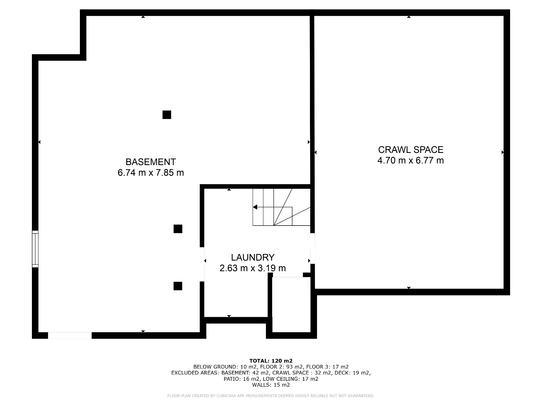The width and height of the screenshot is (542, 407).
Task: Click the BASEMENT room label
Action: (150, 162)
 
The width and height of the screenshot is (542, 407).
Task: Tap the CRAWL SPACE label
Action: (410, 150)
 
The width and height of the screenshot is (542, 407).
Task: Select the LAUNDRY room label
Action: (253, 257)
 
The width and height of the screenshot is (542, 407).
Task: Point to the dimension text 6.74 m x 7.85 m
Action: (150, 173)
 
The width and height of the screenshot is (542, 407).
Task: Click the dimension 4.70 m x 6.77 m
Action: (410, 161)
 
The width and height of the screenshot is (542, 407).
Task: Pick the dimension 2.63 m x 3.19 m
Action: (253, 268)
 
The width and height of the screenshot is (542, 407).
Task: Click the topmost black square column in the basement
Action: (167, 115)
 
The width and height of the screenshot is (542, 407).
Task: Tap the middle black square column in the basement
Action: (178, 229)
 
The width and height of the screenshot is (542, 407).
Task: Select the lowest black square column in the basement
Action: (178, 286)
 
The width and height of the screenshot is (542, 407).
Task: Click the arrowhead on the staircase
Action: (255, 207)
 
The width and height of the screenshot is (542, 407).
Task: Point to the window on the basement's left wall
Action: (35, 249)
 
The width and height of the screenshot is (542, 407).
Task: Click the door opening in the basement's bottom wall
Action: (70, 335)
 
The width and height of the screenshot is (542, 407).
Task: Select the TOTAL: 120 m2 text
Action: (271, 361)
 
